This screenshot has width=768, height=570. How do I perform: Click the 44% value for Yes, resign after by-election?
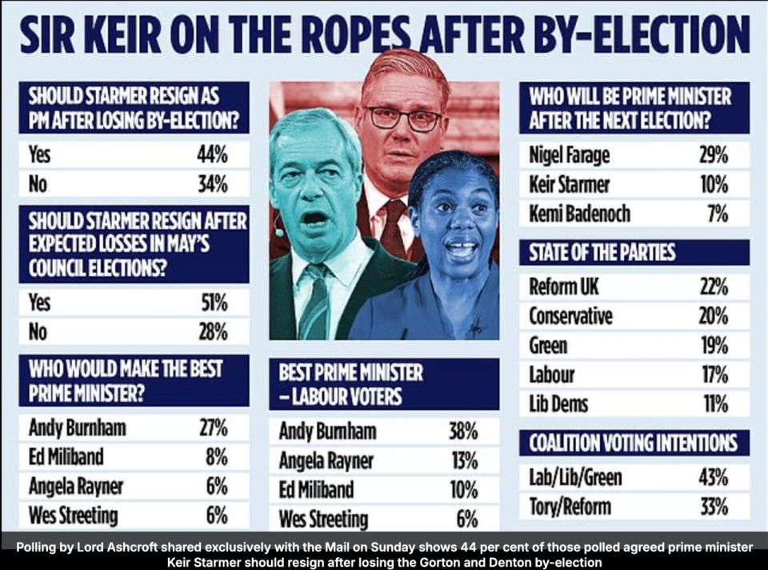pos(213,155)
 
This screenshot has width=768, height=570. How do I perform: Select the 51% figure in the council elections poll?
pos(214,303)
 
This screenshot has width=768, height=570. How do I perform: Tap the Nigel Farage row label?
pos(569,155)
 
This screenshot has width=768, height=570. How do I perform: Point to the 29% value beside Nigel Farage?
pos(713,155)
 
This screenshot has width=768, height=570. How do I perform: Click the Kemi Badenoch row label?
pos(579,214)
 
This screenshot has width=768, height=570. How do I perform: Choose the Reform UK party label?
pos(563,286)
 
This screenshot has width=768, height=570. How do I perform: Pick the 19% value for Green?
pos(713,345)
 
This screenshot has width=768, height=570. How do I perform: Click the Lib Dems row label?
pos(558,403)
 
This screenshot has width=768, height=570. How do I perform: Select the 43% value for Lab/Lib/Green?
pos(713,477)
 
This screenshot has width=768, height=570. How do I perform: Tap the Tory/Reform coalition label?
pos(570,506)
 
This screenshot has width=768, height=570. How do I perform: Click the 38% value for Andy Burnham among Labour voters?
pos(462,432)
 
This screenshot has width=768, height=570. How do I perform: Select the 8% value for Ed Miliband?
pos(216,457)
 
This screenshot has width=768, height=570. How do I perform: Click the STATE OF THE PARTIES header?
pos(602,253)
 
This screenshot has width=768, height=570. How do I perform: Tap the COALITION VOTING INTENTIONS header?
pos(634,443)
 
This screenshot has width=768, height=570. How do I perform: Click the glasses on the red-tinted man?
pos(403,118)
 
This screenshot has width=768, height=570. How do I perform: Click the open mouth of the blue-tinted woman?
pos(461,249)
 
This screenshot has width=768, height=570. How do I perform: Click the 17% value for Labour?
pos(713,374)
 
